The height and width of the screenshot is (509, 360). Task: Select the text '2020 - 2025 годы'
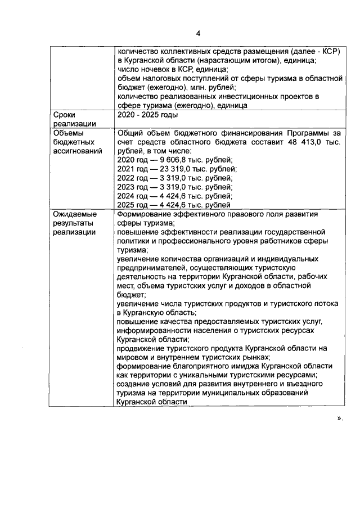click(147, 115)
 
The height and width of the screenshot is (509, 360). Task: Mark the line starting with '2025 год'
click(174, 205)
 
